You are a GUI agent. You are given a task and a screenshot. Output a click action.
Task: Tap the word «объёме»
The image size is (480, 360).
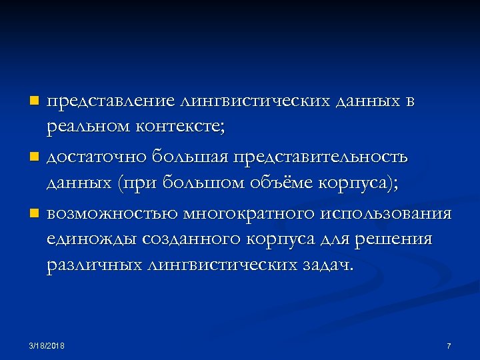[288, 182]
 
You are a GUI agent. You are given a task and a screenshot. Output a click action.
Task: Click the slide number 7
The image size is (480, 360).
[449, 345]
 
